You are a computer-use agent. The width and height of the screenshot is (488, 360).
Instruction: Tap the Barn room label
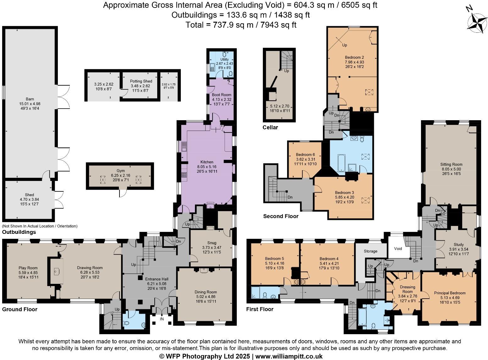pyautogui.click(x=30, y=99)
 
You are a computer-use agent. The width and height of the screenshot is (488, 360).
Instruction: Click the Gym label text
pyautogui.click(x=120, y=170)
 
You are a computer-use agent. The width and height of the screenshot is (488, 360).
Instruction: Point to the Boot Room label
pyautogui.click(x=221, y=95)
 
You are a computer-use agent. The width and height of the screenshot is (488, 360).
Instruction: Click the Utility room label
pyautogui.click(x=225, y=59)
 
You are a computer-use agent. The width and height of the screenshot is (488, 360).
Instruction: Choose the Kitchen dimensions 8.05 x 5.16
pyautogui.click(x=207, y=167)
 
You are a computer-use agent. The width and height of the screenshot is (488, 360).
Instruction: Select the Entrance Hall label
pyautogui.click(x=157, y=279)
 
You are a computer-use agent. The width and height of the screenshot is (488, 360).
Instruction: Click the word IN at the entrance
pyautogui.click(x=162, y=319)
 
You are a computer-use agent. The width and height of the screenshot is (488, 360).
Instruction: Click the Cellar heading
pyautogui.click(x=270, y=127)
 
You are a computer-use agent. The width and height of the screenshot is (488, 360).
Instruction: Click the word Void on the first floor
pyautogui.click(x=398, y=248)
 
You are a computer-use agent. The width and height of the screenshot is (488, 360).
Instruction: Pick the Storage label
pyautogui.click(x=370, y=251)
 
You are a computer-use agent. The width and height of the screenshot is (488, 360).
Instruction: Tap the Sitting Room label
pyautogui.click(x=451, y=164)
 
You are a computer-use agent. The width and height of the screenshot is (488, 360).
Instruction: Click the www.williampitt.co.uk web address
pyautogui.click(x=289, y=356)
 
